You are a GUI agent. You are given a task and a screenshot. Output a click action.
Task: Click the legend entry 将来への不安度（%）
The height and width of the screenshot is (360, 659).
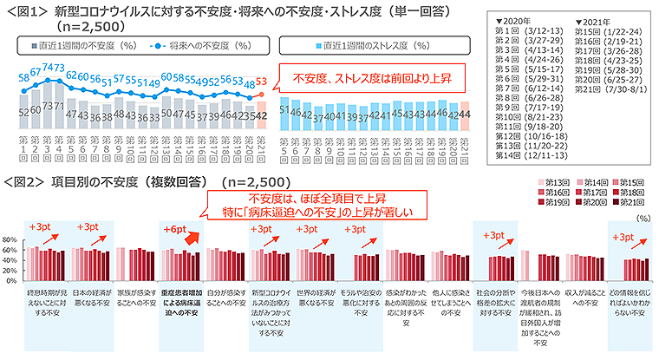(190, 45)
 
